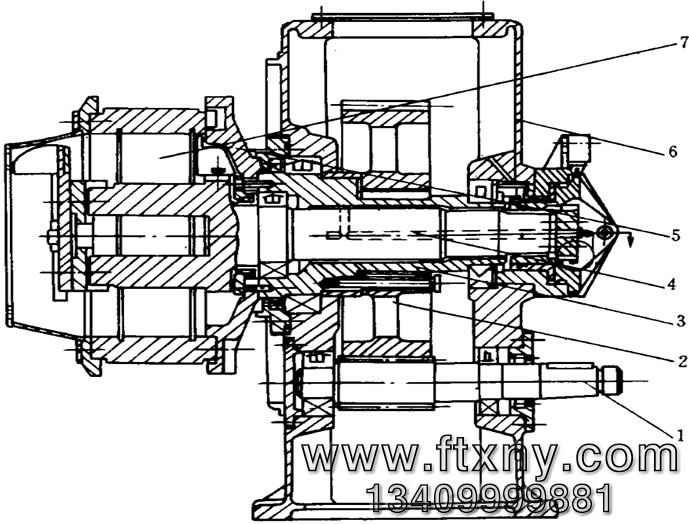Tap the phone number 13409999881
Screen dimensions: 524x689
click(x=489, y=497)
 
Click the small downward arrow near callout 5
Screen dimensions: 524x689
click(x=629, y=239)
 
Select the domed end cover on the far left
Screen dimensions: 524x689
click(x=30, y=236)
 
